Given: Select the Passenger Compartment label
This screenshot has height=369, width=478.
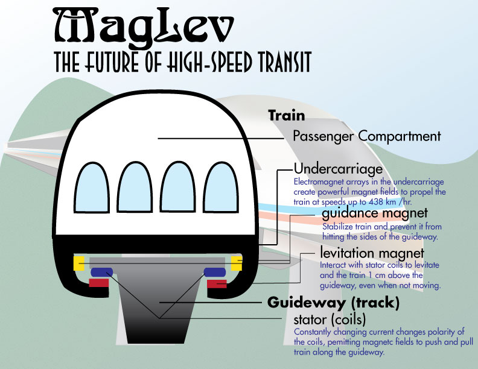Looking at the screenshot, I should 366,136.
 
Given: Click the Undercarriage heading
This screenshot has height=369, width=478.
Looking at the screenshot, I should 338,168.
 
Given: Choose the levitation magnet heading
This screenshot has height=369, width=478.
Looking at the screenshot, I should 372,253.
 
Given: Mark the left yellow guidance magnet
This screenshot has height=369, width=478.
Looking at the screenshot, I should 78,263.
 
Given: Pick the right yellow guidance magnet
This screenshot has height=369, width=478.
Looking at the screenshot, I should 237,263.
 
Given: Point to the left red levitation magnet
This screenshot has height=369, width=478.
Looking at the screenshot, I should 98,283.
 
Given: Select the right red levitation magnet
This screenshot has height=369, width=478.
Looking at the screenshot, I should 217,283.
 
